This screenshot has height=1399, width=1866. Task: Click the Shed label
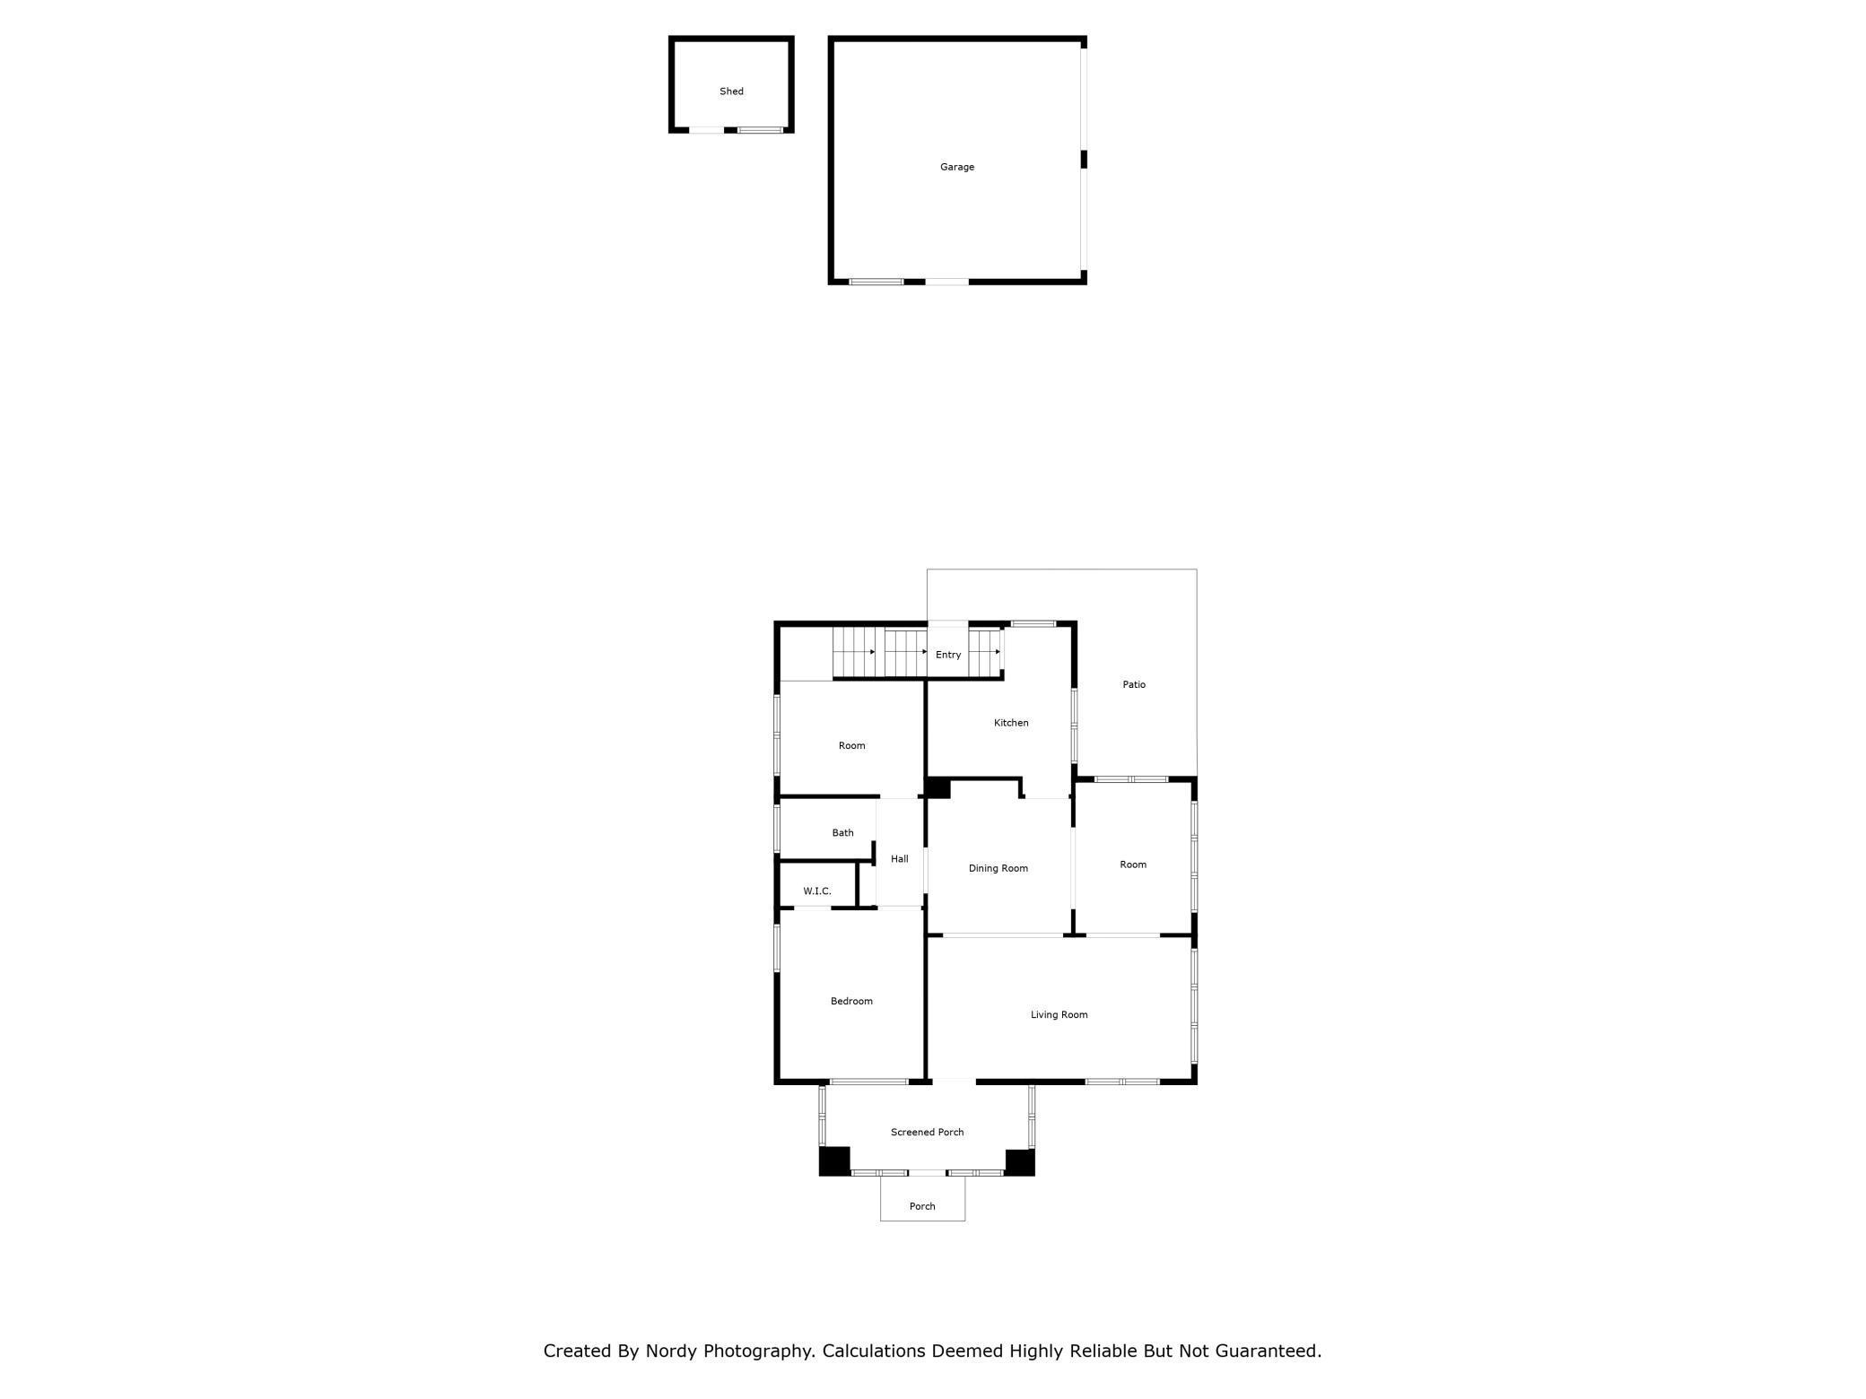[x=731, y=91]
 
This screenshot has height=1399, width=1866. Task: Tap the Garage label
[x=956, y=167]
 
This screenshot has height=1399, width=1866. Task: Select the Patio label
[x=1134, y=684]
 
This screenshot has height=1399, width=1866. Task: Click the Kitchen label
[x=1011, y=723]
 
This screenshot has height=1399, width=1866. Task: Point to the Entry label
[x=948, y=655]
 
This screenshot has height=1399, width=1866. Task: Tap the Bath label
[x=842, y=833]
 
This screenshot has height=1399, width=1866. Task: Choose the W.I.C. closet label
[x=817, y=891]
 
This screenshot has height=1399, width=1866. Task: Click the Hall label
[x=899, y=859]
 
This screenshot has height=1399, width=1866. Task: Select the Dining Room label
[x=998, y=868]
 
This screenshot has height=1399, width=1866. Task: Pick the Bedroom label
[x=851, y=1001]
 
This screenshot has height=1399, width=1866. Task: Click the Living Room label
[x=1059, y=1015]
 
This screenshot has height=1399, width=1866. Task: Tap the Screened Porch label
[x=927, y=1133]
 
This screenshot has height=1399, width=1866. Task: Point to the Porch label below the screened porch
[x=922, y=1206]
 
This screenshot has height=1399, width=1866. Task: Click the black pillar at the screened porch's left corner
[x=834, y=1161]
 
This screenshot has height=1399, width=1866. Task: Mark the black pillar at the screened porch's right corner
[x=1020, y=1162]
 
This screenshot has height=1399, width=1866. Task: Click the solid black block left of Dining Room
[x=938, y=788]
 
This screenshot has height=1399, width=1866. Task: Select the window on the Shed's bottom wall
[x=760, y=130]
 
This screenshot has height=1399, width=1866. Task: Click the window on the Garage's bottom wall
[x=876, y=282]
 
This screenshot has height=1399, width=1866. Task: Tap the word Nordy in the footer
[x=671, y=1351]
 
